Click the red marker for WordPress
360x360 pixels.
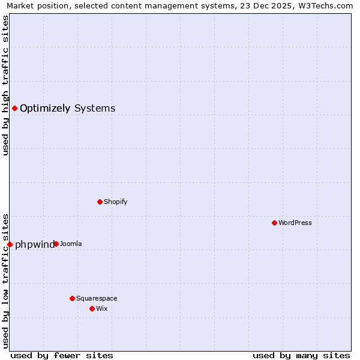[274, 223]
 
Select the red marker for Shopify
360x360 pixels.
[100, 202]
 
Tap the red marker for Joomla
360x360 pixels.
[56, 244]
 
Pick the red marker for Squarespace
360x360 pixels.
[72, 298]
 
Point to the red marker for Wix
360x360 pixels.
[92, 308]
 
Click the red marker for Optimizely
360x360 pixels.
[14, 108]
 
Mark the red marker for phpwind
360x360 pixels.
[10, 244]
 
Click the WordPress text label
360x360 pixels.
[295, 223]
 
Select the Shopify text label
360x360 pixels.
[116, 202]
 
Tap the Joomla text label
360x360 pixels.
[71, 244]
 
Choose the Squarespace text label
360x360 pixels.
[97, 298]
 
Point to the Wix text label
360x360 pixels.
[102, 308]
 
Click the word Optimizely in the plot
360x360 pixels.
[45, 109]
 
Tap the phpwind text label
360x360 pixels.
[35, 244]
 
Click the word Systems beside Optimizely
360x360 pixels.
[95, 109]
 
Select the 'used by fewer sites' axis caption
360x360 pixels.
[62, 355]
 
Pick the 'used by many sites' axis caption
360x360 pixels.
[301, 355]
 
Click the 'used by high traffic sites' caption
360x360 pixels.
[6, 85]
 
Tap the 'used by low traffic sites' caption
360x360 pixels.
[6, 280]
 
